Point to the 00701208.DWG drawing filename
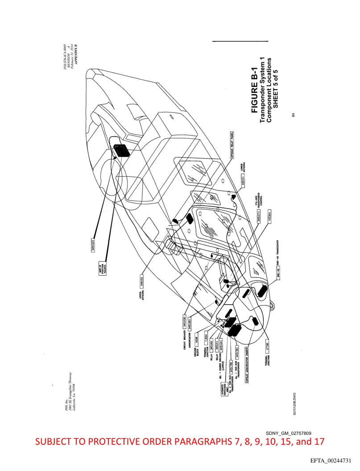tap(294, 402)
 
